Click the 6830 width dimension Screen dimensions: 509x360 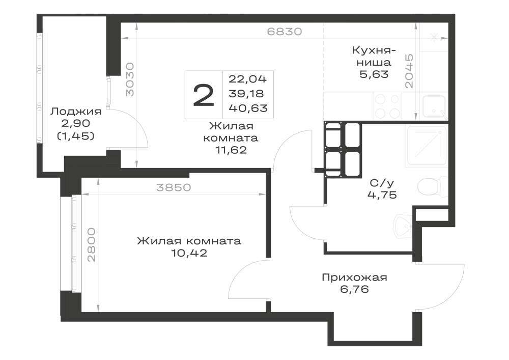285,32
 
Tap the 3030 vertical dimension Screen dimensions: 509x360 130,79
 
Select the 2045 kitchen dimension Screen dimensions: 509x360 409,71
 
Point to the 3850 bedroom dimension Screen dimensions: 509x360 174,187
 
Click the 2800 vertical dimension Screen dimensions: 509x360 92,245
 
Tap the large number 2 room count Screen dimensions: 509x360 204,95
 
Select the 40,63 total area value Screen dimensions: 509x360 248,108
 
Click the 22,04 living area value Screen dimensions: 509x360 248,79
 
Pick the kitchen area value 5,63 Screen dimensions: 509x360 374,74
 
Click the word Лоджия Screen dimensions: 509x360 76,112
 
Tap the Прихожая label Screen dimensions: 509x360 354,278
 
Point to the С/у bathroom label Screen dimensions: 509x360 382,183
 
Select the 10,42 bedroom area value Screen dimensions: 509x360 189,253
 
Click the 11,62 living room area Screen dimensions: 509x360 231,150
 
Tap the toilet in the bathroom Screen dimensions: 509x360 433,187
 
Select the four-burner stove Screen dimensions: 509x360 387,105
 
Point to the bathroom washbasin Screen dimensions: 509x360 403,226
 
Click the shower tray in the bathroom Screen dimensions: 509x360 427,146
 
